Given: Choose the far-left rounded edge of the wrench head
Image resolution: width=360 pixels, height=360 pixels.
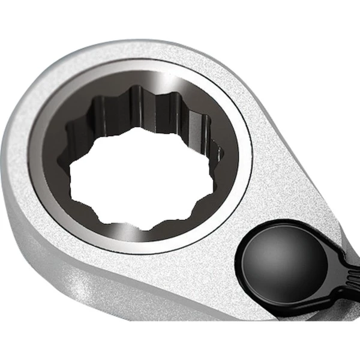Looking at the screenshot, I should [x=8, y=168].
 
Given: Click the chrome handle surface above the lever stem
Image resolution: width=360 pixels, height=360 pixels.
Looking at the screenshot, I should [x=336, y=228].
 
